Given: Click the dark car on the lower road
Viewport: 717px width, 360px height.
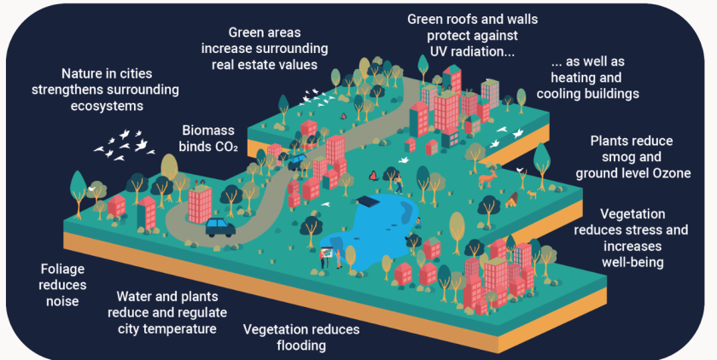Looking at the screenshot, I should [220, 226].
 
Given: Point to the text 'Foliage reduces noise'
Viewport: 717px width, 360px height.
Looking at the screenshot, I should [61, 285].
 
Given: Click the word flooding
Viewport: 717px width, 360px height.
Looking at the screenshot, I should [301, 345].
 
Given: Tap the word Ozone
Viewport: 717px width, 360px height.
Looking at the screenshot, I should [667, 173].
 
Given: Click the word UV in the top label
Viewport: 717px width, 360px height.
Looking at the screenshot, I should [427, 53].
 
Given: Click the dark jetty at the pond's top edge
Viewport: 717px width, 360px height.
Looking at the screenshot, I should [369, 201].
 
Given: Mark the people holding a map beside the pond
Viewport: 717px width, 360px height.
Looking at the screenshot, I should [331, 253].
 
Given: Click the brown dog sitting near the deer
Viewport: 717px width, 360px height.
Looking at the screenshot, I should [512, 200].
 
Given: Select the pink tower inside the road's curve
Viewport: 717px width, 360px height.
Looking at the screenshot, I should [199, 202].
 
